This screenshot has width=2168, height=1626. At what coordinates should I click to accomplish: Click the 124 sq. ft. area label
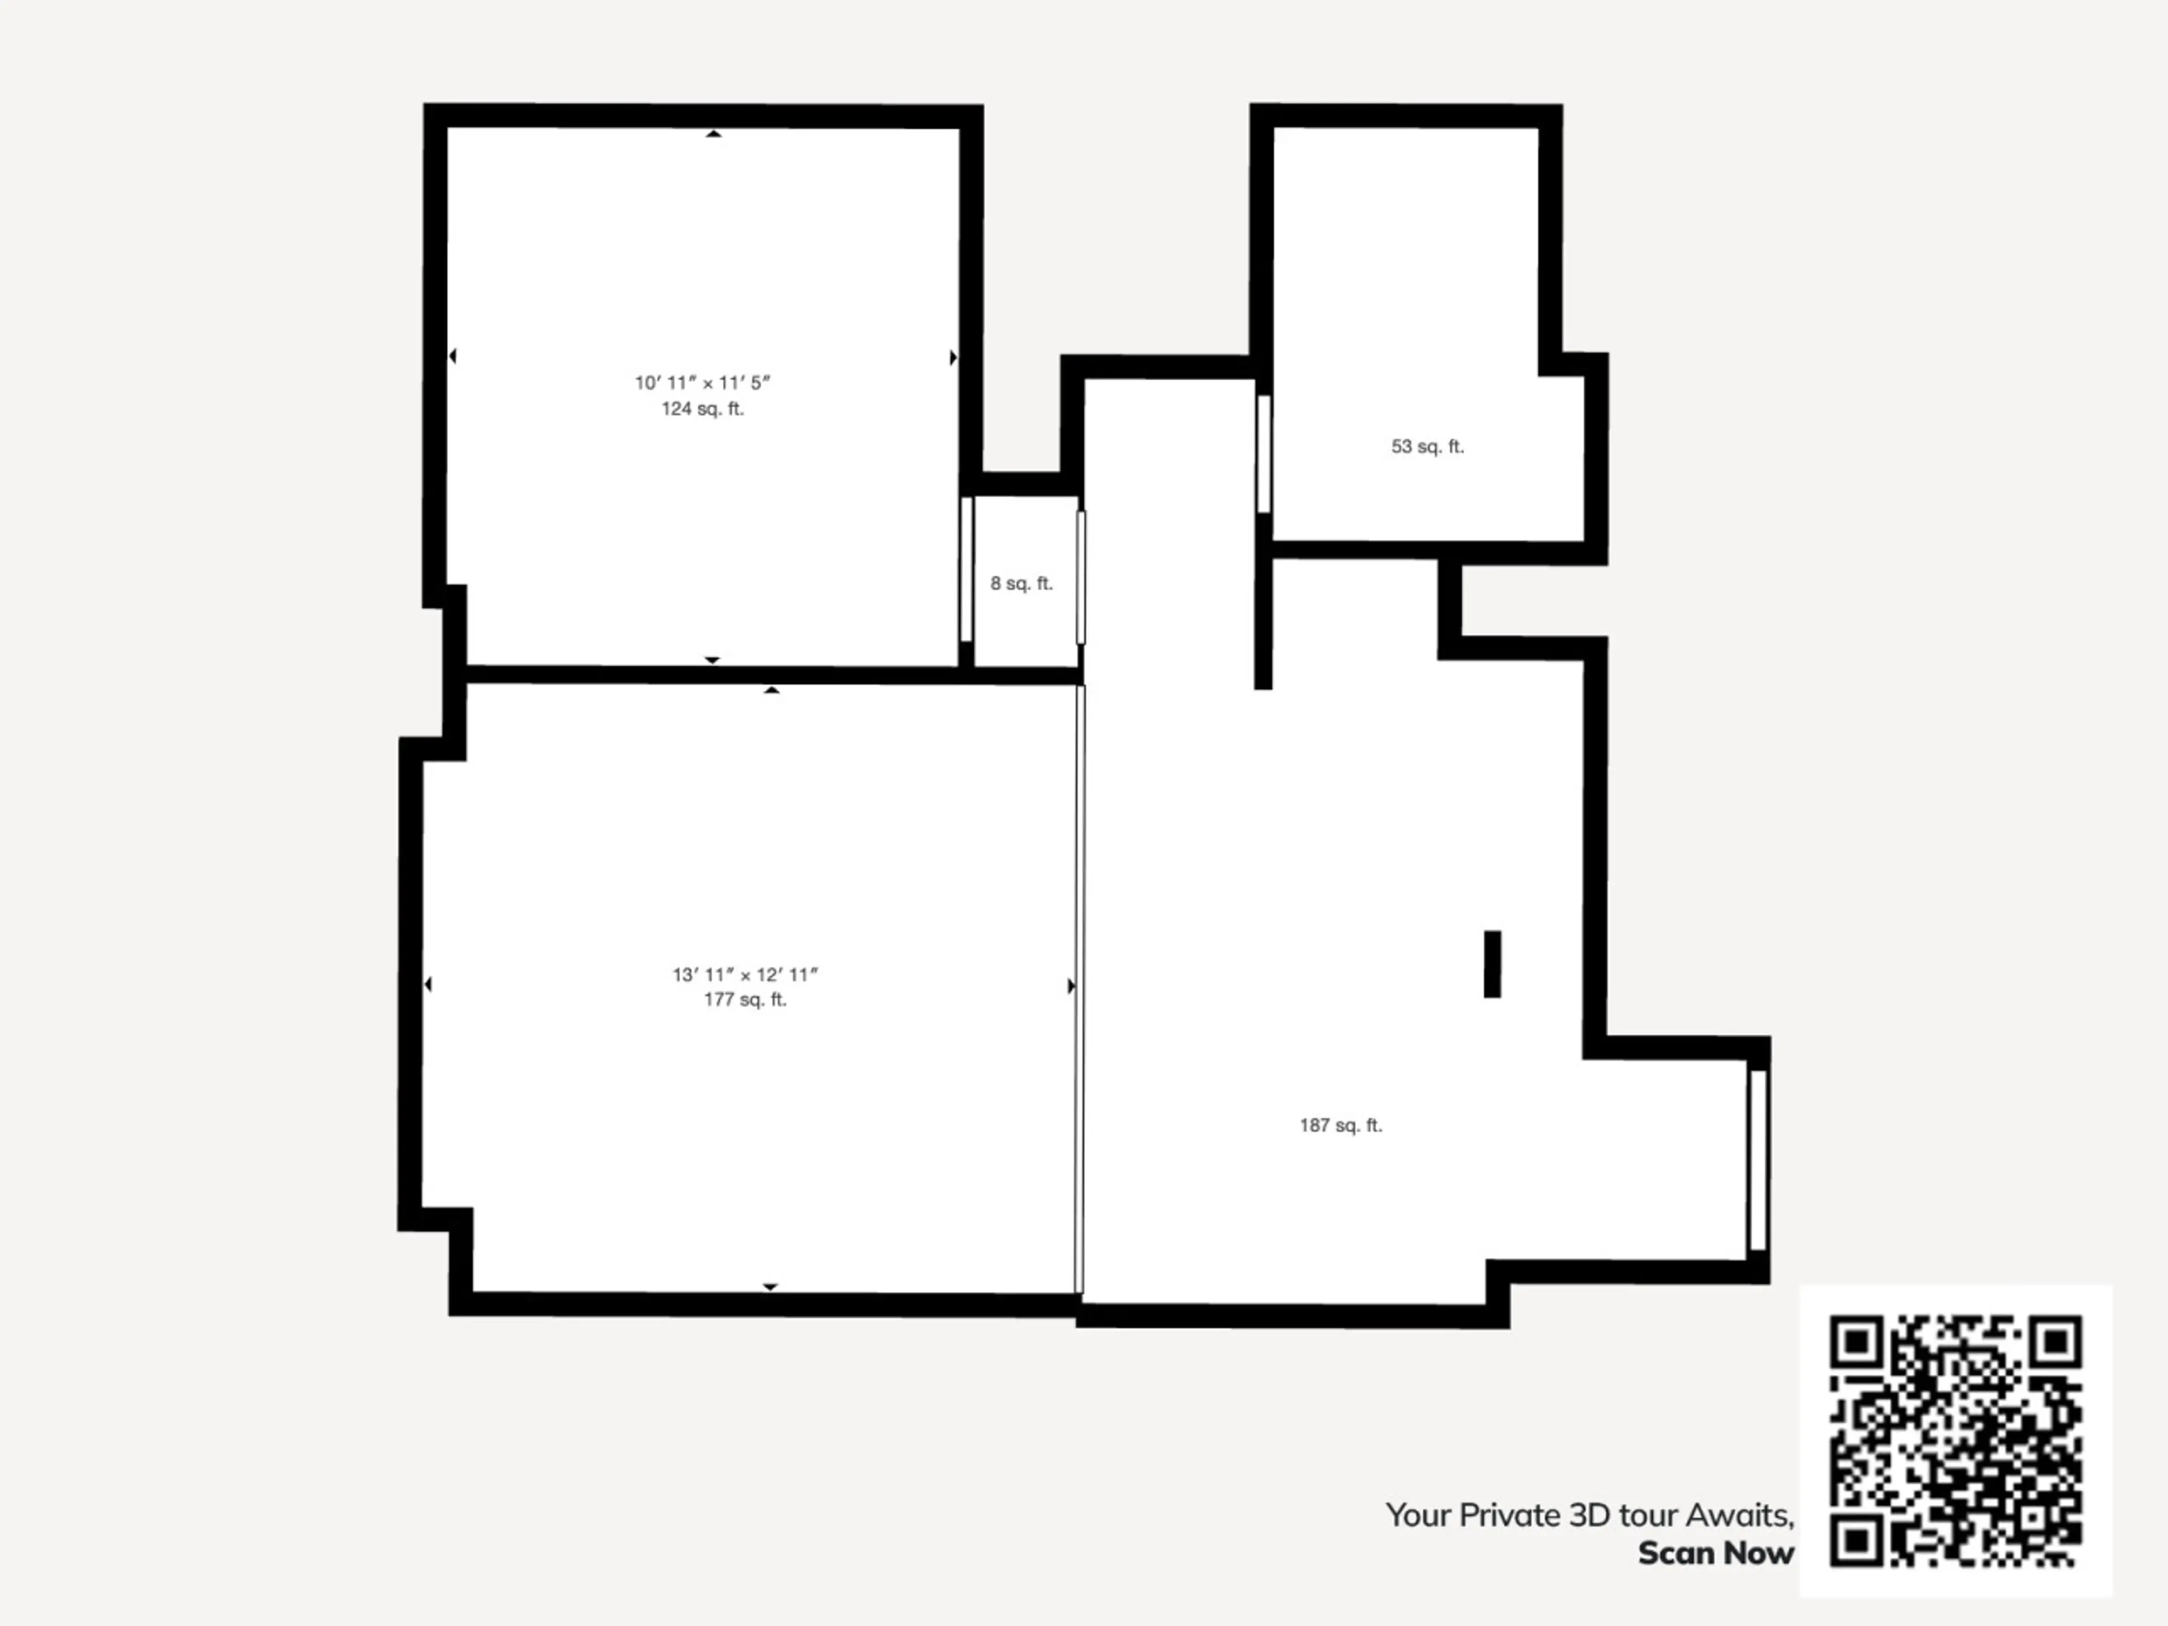[x=703, y=409]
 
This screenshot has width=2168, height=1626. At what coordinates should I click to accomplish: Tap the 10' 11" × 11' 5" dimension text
[x=703, y=382]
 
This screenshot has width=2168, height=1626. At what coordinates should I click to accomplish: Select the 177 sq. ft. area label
[x=745, y=1000]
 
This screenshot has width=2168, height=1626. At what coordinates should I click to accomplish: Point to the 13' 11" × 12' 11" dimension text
[x=745, y=974]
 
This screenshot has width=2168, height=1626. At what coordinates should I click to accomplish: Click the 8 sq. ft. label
[x=1021, y=583]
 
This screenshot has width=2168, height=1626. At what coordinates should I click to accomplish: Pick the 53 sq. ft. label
[x=1427, y=447]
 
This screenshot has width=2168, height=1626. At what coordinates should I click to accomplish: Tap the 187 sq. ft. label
[x=1341, y=1125]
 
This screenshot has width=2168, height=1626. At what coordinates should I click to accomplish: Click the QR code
[x=1955, y=1441]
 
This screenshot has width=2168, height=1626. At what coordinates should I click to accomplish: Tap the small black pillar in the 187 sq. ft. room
[x=1492, y=964]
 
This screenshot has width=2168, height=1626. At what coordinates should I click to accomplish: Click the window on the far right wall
[x=1758, y=1160]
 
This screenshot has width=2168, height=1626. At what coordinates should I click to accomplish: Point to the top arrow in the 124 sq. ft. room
[x=714, y=133]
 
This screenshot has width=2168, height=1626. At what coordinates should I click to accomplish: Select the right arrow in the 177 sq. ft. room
[x=1071, y=985]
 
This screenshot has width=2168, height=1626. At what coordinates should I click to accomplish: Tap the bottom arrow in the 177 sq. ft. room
[x=770, y=1287]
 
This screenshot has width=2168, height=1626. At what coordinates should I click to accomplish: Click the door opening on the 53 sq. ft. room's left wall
[x=1264, y=454]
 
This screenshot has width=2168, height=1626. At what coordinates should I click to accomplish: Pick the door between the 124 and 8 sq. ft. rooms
[x=967, y=570]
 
